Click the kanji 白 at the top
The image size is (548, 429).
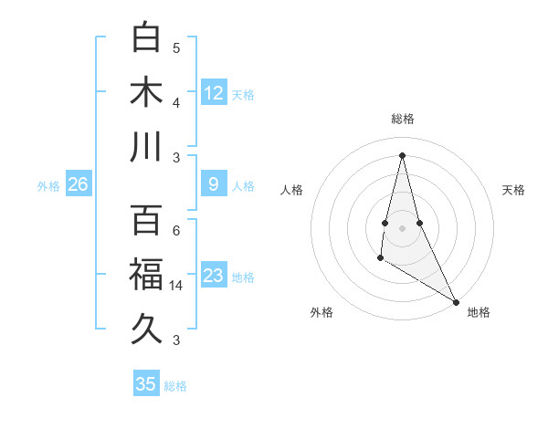(x=147, y=38)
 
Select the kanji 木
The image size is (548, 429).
(x=147, y=92)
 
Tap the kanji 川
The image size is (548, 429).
(x=147, y=146)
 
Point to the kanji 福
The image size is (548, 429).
(x=147, y=275)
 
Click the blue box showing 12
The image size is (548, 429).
(x=214, y=93)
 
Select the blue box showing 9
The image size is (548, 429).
(x=214, y=184)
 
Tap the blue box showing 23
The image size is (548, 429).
(x=214, y=276)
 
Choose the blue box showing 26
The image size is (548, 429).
(x=79, y=184)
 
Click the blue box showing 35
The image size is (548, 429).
(x=146, y=384)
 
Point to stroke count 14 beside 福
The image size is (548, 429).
(x=177, y=286)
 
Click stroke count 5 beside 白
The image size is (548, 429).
(x=176, y=48)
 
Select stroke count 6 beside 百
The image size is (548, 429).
(x=176, y=231)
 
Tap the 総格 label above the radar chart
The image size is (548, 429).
(x=402, y=119)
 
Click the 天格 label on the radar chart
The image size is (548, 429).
(x=514, y=190)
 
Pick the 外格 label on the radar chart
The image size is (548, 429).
(x=321, y=312)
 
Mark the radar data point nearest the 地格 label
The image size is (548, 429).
(x=457, y=301)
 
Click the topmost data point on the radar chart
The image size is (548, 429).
(x=402, y=154)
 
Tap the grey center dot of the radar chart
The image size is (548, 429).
(x=402, y=227)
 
